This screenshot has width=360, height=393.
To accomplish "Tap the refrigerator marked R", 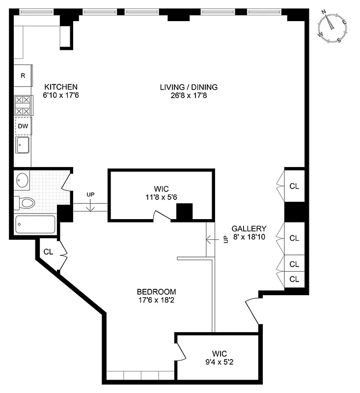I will (23, 76).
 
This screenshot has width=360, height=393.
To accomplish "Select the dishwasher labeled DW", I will (23, 126).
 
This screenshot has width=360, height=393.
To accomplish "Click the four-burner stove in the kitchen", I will (23, 105).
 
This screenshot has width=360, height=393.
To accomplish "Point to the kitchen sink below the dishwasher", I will (23, 145).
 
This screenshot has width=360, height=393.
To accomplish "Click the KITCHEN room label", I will (61, 86).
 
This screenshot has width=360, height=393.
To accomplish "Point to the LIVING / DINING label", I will (189, 87).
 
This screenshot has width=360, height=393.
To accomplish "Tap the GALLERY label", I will (249, 228).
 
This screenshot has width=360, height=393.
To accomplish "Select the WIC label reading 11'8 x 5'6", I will (161, 196).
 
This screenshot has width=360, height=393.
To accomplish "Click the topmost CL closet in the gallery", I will (294, 186).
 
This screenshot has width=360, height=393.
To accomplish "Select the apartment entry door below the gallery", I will (252, 309).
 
